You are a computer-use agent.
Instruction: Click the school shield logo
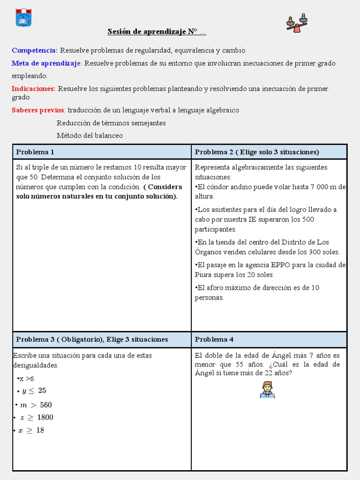click(x=23, y=17)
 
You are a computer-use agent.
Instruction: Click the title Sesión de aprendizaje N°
click(x=157, y=32)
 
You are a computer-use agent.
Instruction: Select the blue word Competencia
click(x=35, y=50)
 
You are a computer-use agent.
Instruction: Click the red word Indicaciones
click(x=34, y=89)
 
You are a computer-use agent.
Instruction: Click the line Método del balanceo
click(x=90, y=135)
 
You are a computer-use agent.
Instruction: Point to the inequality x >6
click(x=26, y=379)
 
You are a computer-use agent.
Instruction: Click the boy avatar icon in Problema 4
click(x=267, y=390)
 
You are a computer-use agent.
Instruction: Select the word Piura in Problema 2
click(x=205, y=275)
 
